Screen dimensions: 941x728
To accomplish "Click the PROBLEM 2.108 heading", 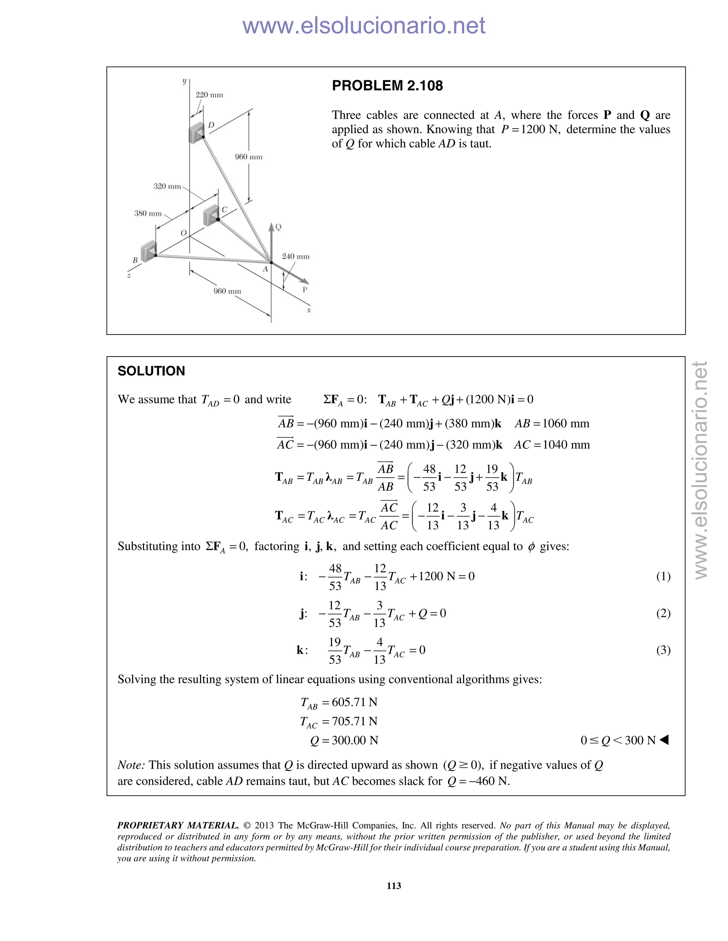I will (x=387, y=86).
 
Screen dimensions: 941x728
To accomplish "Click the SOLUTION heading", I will (x=151, y=371).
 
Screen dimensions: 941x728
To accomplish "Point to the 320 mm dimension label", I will (x=167, y=186).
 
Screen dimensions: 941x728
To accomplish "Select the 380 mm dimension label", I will (x=148, y=213).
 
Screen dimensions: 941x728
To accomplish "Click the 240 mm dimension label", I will (x=295, y=256).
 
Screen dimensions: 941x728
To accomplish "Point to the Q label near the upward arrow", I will (x=278, y=227).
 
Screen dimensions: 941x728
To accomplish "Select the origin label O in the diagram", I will (x=184, y=233).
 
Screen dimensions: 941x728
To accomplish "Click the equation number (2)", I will (x=663, y=613).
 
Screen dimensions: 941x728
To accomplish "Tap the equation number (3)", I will (x=663, y=650).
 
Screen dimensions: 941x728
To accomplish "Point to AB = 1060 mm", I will (x=552, y=424).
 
